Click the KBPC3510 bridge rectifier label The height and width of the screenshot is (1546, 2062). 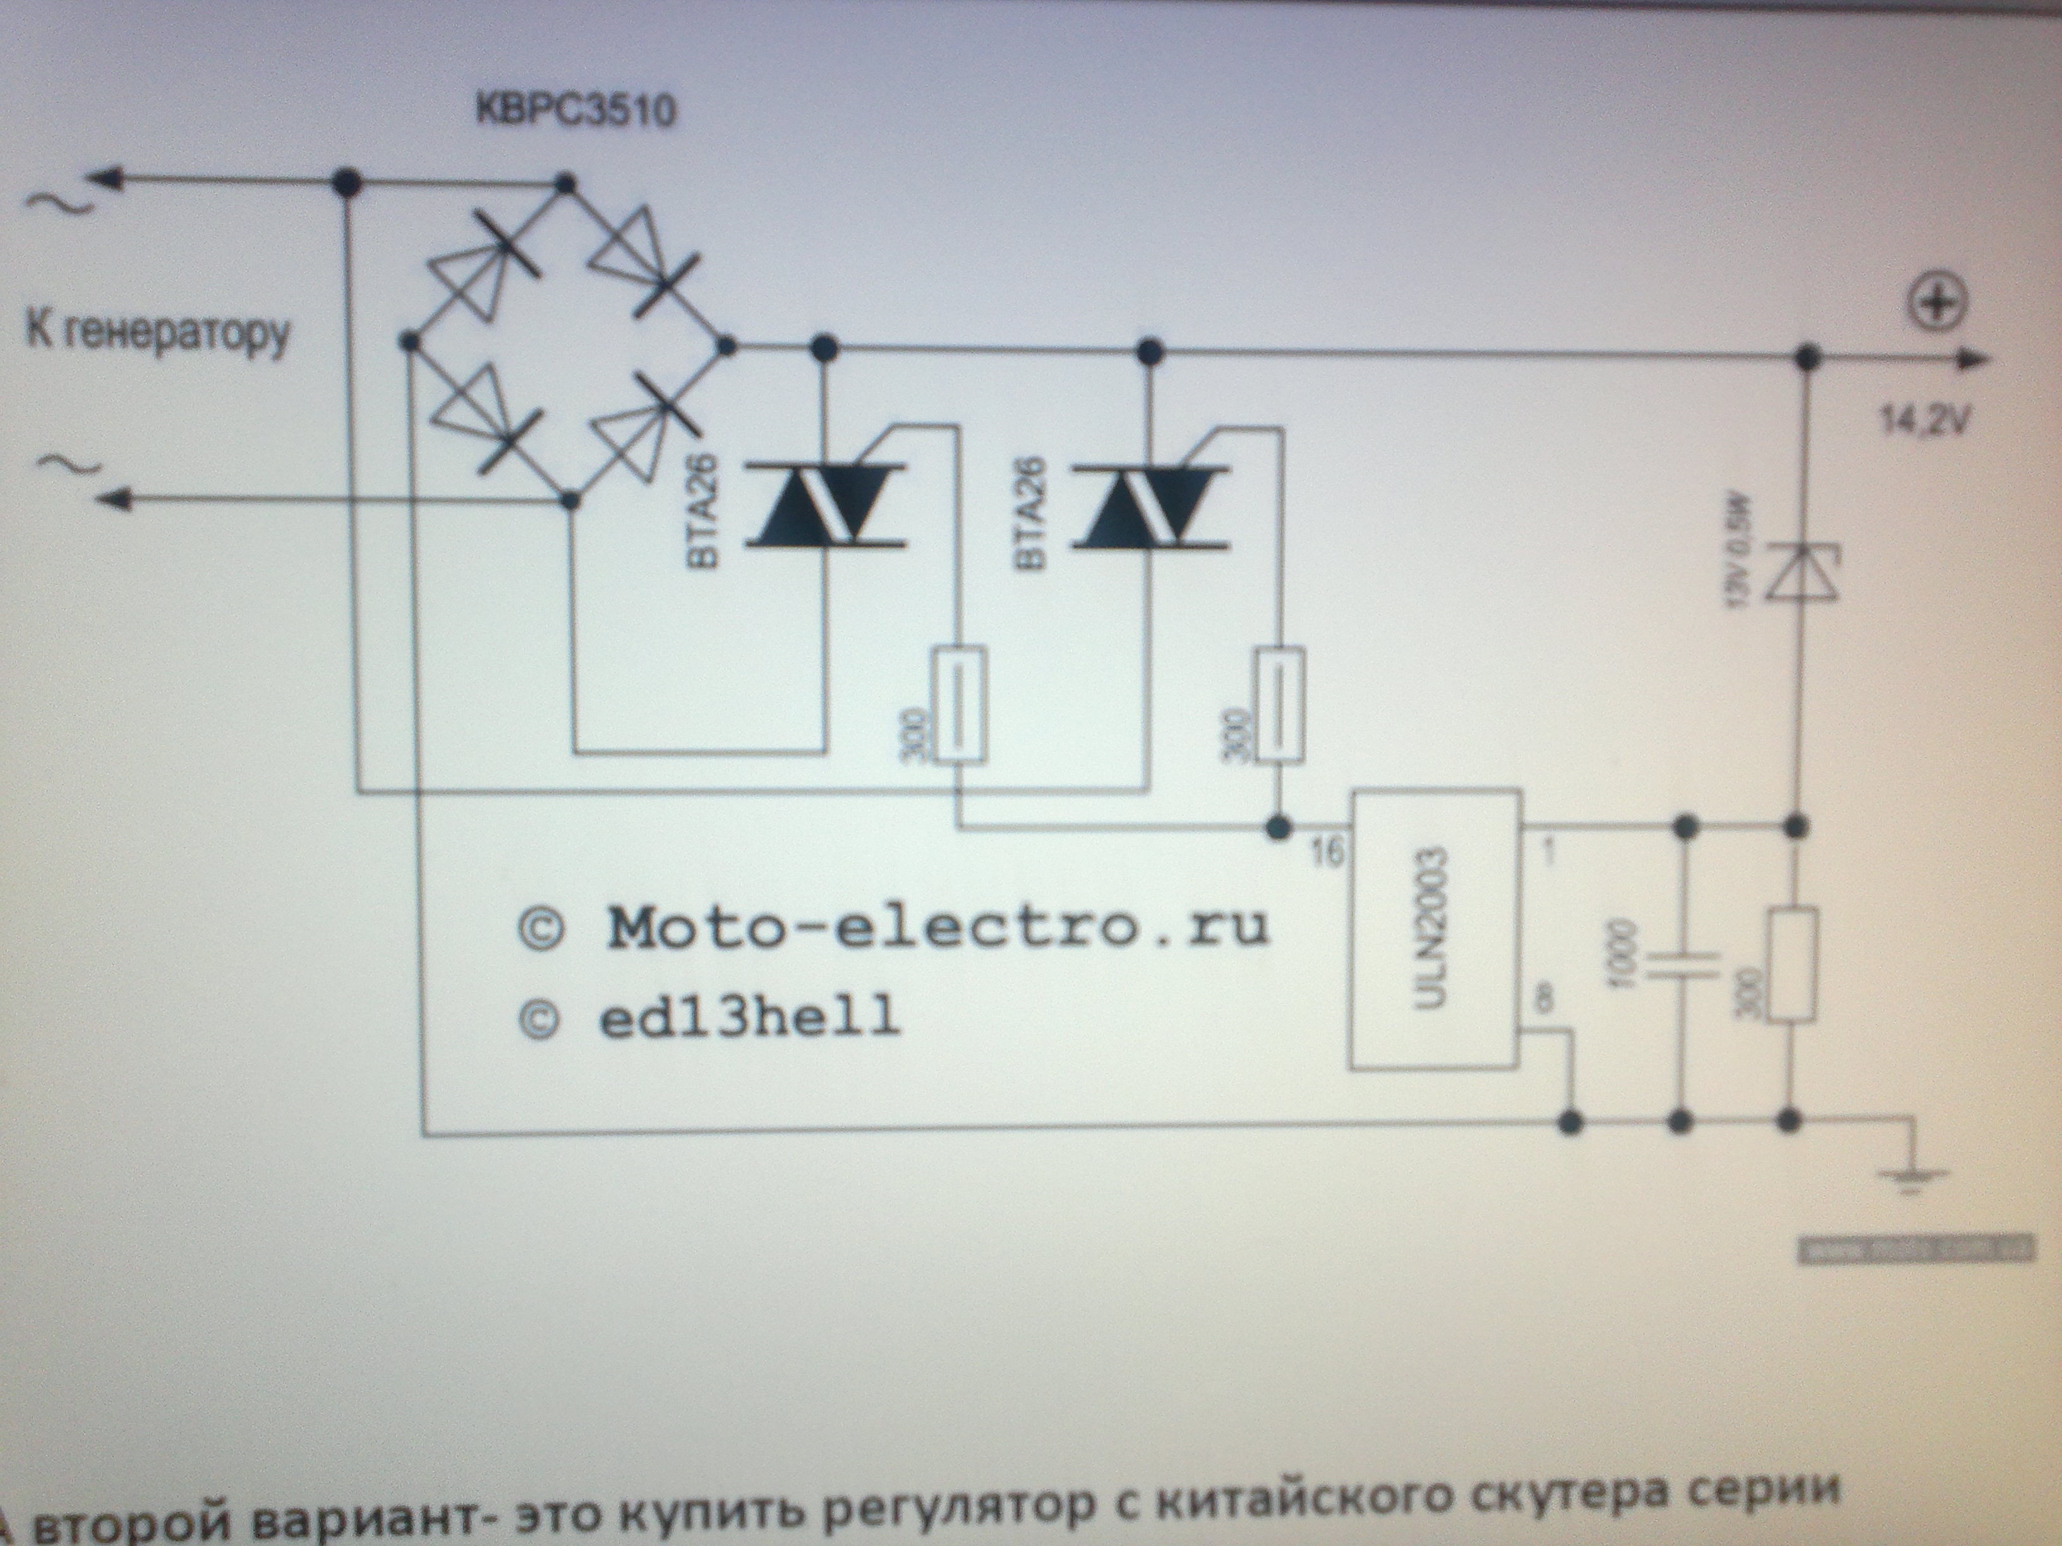(x=575, y=111)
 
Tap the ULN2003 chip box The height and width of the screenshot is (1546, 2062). (x=1437, y=929)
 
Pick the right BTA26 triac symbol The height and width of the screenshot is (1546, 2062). (x=1149, y=505)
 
